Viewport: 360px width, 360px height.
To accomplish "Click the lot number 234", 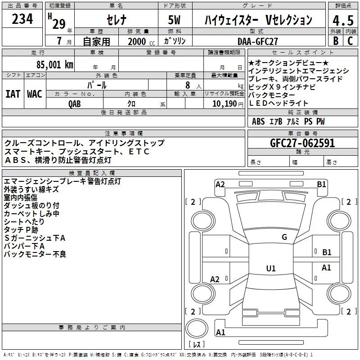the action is click(x=22, y=20).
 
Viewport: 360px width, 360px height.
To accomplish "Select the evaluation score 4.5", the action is click(x=342, y=21).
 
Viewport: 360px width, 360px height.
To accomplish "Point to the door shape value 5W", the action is click(x=175, y=21).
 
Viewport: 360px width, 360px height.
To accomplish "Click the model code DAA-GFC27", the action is click(x=258, y=41).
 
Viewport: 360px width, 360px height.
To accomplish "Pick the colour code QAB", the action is click(x=75, y=103).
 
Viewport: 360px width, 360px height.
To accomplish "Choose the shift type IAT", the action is click(x=13, y=94).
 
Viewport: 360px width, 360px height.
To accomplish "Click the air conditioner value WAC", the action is click(x=34, y=94).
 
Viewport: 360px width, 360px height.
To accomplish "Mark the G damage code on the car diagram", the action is click(x=284, y=237).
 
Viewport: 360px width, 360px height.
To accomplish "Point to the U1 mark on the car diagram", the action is click(x=270, y=269).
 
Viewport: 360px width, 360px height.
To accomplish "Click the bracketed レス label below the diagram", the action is click(x=196, y=345).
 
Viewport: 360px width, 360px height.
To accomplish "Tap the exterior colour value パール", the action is click(x=97, y=85).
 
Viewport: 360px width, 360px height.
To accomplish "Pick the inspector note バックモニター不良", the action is click(x=35, y=255).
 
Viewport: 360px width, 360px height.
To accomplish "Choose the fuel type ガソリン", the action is click(x=176, y=41).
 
